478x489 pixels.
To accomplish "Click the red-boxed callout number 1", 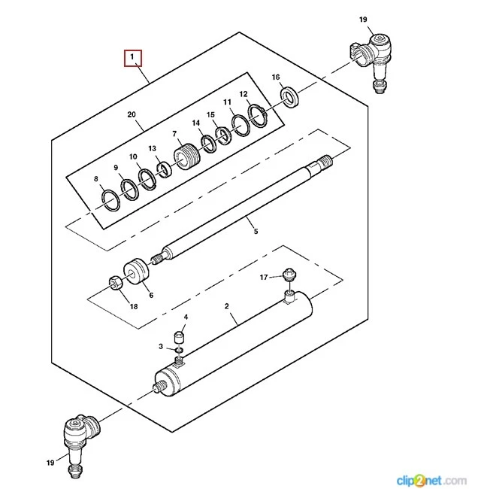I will [x=132, y=57].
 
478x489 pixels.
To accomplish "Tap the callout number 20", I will [x=132, y=114].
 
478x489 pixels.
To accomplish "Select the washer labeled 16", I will [x=287, y=96].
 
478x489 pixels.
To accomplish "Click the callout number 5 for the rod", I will [x=255, y=231].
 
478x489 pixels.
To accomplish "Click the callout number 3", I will [x=161, y=346].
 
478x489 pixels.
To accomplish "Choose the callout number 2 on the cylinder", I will [x=227, y=306].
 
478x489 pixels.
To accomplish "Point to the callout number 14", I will [x=196, y=123].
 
